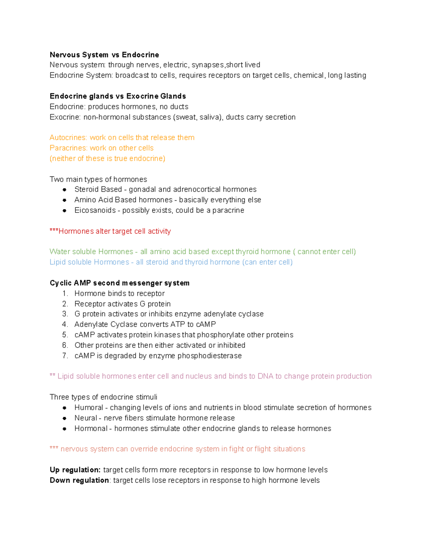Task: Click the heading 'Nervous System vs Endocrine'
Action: point(104,55)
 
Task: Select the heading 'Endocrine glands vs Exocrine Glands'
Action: point(118,96)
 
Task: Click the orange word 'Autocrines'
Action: point(68,138)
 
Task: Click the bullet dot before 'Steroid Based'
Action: point(65,189)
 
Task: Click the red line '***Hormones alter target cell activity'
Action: point(110,231)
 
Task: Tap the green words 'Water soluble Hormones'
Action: point(91,252)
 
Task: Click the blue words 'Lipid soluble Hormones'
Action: point(89,262)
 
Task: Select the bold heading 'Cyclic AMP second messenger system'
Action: point(119,283)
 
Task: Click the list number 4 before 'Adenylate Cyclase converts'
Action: point(65,324)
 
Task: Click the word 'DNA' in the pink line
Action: point(265,376)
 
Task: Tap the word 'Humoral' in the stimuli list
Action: point(88,408)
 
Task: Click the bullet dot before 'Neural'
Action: point(65,418)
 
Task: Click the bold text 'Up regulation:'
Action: point(75,470)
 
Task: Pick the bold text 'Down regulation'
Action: point(79,480)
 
